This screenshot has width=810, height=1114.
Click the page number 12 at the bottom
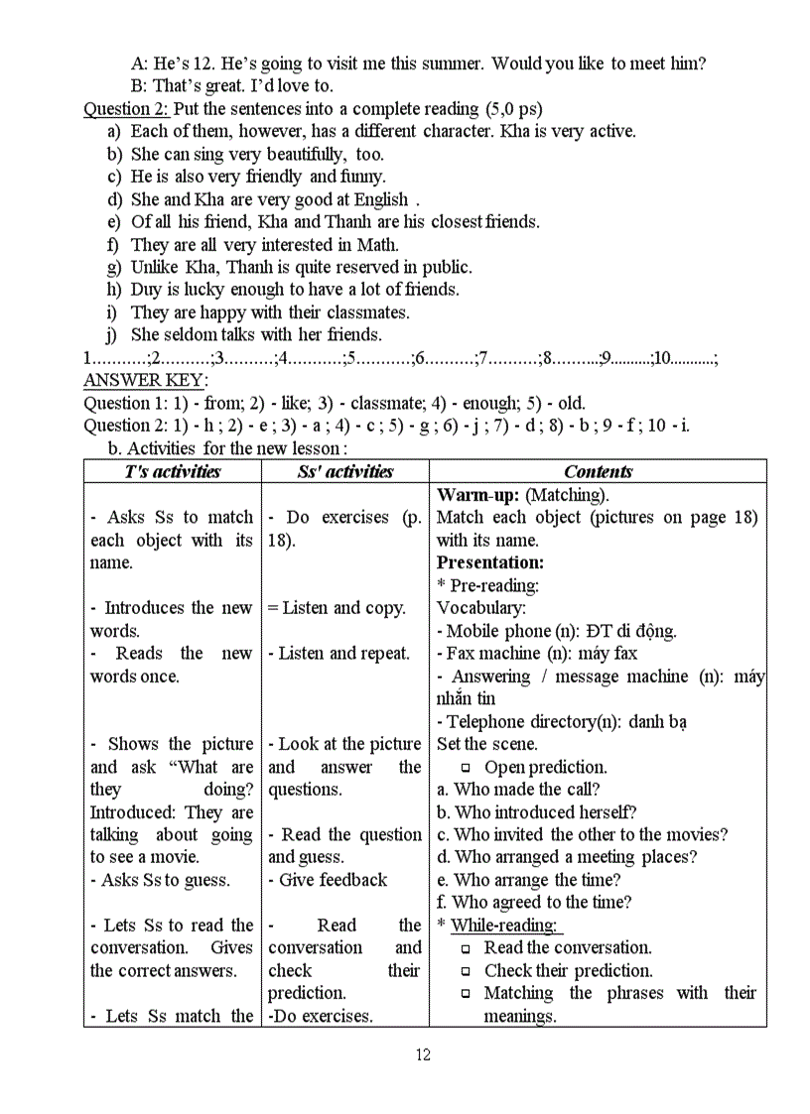point(423,1054)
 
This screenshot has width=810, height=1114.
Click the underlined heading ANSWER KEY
point(145,381)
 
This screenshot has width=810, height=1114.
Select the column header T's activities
point(173,472)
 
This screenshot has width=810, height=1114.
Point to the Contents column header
point(598,472)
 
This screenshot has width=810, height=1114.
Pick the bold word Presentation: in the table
point(490,562)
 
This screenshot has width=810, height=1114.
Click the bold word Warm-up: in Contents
point(478,495)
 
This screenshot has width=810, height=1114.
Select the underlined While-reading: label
point(506,926)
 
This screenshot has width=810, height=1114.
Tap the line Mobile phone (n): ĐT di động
point(556,631)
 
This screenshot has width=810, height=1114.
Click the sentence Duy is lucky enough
point(295,290)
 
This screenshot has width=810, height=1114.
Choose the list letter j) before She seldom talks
point(112,335)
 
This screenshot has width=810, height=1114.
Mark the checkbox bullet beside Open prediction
point(467,768)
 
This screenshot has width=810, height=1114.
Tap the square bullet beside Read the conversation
point(467,948)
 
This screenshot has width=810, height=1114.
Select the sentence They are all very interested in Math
point(265,245)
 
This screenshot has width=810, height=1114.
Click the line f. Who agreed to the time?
point(534,903)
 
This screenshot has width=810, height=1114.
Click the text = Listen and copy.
point(337,608)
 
